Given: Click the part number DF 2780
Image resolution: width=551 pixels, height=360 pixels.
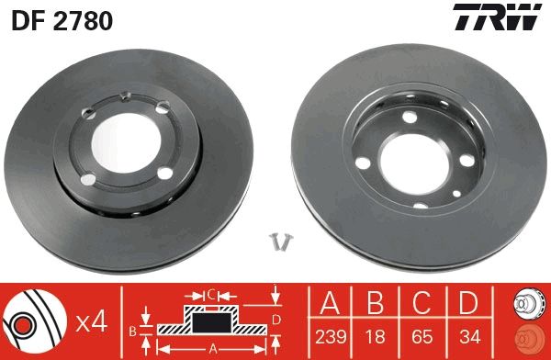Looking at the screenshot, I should pos(62,21).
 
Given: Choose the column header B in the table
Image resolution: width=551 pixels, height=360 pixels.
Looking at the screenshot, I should pos(377,302).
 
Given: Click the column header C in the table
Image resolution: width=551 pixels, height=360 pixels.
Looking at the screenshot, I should pos(423,302).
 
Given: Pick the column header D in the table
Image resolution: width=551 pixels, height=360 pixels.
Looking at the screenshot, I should pos(469,302).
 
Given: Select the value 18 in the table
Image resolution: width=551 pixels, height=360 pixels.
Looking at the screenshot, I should pos(377,335).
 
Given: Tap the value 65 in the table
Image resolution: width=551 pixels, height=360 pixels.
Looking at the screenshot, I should pos(423,335).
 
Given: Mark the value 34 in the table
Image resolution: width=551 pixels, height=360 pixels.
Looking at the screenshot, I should pos(469,335).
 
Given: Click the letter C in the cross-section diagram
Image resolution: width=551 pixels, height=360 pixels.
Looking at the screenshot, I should pos(210,294).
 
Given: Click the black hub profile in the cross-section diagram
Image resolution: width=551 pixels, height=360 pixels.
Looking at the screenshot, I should pos(210,321).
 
